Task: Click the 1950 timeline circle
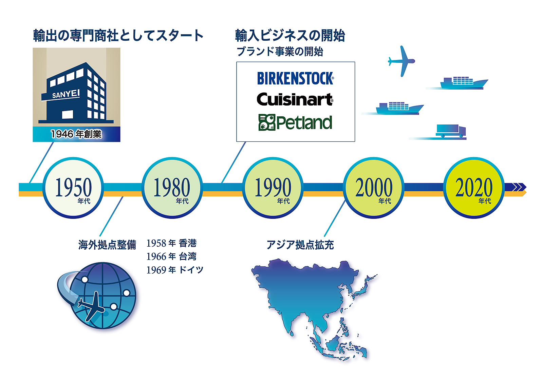73,188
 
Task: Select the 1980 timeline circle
172,188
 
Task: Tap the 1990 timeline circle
273,188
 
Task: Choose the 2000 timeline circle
374,188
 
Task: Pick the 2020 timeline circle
474,188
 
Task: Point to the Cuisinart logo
295,99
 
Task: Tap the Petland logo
295,122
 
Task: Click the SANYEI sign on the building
66,94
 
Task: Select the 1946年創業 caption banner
76,134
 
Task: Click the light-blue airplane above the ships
401,61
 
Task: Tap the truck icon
451,131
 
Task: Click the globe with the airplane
97,295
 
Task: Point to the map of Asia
314,309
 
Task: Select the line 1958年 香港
171,243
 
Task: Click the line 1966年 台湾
171,256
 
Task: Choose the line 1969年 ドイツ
175,270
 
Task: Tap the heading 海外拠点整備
107,245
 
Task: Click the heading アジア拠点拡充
300,245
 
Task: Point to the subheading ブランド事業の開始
280,52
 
